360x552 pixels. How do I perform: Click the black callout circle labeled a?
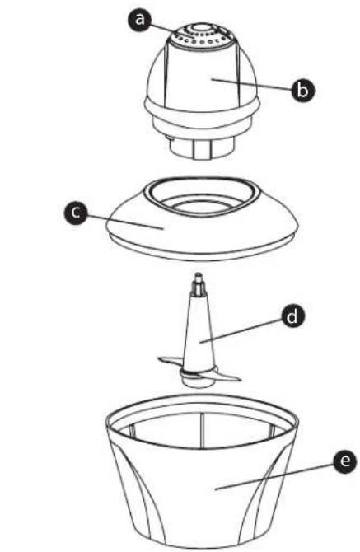pyautogui.click(x=140, y=19)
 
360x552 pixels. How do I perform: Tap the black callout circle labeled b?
pyautogui.click(x=303, y=90)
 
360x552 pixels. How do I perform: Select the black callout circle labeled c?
pyautogui.click(x=76, y=213)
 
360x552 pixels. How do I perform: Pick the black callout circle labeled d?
pyautogui.click(x=292, y=317)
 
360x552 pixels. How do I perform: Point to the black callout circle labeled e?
pyautogui.click(x=345, y=461)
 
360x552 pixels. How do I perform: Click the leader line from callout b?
pyautogui.click(x=251, y=85)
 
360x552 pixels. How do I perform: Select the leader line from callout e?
pyautogui.click(x=275, y=476)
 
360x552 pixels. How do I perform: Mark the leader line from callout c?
pyautogui.click(x=125, y=222)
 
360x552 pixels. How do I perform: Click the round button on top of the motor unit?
pyautogui.click(x=201, y=28)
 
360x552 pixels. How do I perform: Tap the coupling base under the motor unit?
pyautogui.click(x=202, y=149)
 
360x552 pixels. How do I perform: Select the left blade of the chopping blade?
pyautogui.click(x=170, y=363)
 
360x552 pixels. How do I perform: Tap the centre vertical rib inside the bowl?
pyautogui.click(x=202, y=430)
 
